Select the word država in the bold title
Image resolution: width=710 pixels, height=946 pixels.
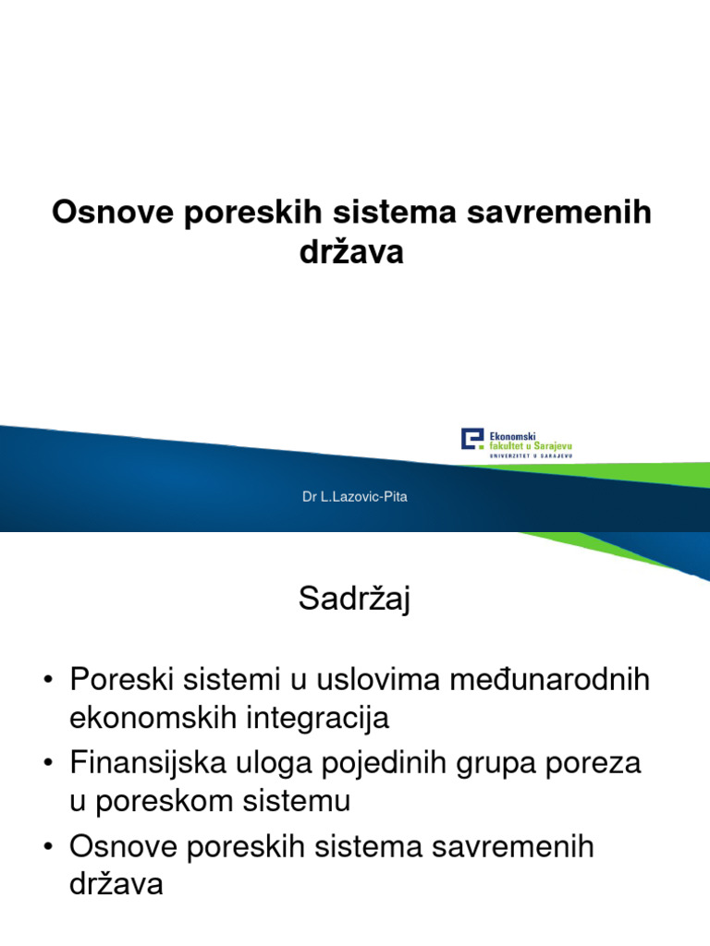[x=351, y=252]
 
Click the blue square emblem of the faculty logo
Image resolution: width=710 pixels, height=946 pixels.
[x=472, y=439]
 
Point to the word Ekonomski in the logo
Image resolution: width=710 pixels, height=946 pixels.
[x=513, y=433]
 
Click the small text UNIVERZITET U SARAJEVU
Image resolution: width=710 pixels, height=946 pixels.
[x=531, y=455]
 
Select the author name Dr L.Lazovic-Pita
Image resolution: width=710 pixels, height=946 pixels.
[x=355, y=497]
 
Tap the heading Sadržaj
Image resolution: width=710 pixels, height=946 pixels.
[x=354, y=600]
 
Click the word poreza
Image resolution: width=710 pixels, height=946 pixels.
[x=601, y=764]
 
